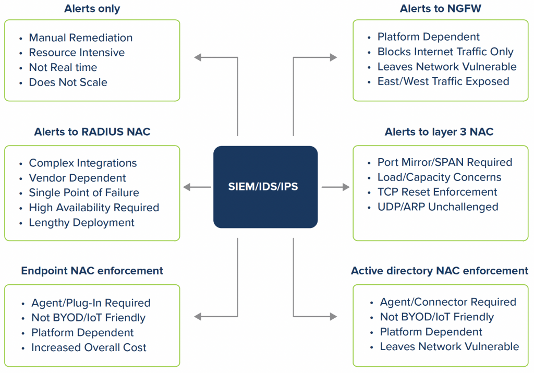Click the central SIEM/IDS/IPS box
(265, 186)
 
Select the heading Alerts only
(92, 9)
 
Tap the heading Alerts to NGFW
(441, 9)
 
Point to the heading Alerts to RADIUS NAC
(92, 132)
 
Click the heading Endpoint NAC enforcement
(92, 271)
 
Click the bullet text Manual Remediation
(81, 38)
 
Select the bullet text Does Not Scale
(68, 82)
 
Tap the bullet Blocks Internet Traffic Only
(445, 52)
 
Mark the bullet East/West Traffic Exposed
(443, 81)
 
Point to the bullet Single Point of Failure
(84, 192)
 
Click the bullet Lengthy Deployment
(82, 222)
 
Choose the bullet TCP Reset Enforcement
(438, 192)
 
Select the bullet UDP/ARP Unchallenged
(438, 207)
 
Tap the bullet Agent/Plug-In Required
(91, 303)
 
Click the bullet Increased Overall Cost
(89, 347)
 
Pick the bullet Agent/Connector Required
(448, 302)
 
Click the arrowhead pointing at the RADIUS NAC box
(187, 187)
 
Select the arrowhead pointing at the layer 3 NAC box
(345, 187)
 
